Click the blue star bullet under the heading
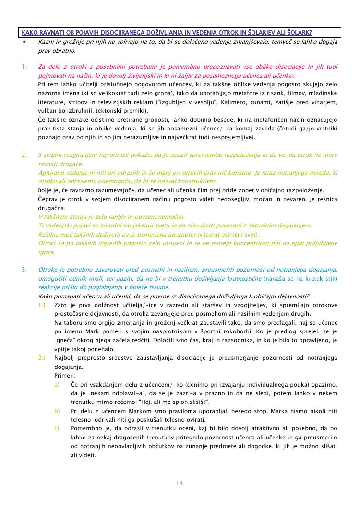pos(24,42)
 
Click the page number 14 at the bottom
pos(180,483)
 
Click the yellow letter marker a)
pos(57,385)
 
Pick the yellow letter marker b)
pos(57,411)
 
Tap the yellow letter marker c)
pos(57,428)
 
